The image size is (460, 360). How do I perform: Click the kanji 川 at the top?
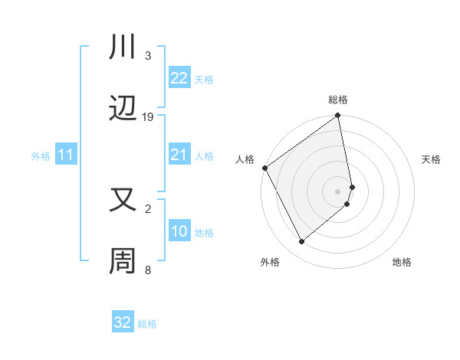(123, 47)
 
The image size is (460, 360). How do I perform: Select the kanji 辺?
(123, 110)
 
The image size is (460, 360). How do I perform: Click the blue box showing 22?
(179, 78)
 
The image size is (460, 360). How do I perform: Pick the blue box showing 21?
(179, 155)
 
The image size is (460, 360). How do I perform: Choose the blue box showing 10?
(179, 231)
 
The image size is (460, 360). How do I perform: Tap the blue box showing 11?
(66, 155)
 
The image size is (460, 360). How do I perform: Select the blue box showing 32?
(123, 322)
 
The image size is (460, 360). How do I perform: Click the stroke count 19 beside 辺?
(148, 117)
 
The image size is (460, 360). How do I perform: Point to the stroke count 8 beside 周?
(147, 270)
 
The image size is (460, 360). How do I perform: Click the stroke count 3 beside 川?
(147, 55)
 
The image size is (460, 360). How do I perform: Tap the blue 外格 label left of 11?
(41, 156)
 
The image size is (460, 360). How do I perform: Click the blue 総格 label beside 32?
(147, 324)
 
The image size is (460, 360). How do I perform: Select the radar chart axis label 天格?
(432, 159)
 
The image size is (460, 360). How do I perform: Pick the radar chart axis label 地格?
(402, 262)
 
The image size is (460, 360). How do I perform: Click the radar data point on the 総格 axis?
(338, 116)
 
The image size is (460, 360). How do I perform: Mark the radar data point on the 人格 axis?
(265, 168)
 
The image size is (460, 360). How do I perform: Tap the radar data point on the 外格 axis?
(302, 242)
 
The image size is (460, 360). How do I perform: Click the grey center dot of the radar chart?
(338, 191)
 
